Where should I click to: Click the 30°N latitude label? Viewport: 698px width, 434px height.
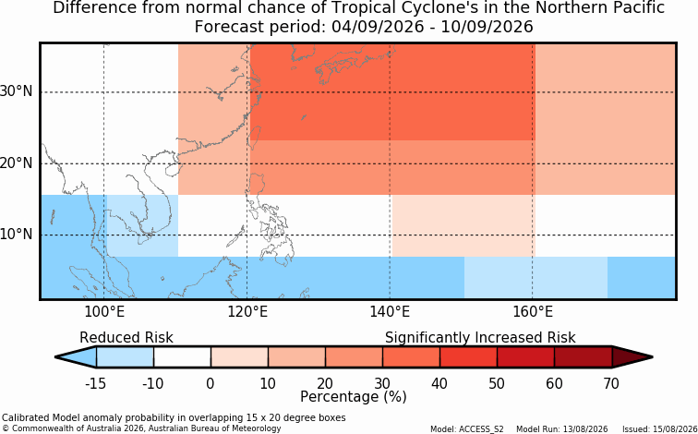pyautogui.click(x=17, y=91)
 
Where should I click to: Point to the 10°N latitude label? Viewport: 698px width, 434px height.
pyautogui.click(x=17, y=235)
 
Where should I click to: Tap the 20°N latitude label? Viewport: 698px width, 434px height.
pyautogui.click(x=17, y=163)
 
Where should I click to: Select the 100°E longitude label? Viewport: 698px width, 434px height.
pyautogui.click(x=104, y=312)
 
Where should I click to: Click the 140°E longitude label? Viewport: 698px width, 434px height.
pyautogui.click(x=390, y=312)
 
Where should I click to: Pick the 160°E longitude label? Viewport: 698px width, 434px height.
pyautogui.click(x=533, y=312)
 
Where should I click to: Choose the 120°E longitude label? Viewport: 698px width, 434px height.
pyautogui.click(x=247, y=312)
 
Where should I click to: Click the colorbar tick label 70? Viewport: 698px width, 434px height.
pyautogui.click(x=611, y=383)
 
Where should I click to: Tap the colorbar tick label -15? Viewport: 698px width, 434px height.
pyautogui.click(x=96, y=383)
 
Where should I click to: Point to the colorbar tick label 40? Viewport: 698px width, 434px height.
pyautogui.click(x=439, y=383)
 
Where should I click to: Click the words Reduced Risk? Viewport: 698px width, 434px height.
pyautogui.click(x=126, y=338)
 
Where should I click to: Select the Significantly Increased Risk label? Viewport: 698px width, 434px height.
pyautogui.click(x=480, y=338)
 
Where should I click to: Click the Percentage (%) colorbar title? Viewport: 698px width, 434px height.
pyautogui.click(x=354, y=397)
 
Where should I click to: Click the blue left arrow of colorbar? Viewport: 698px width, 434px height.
pyautogui.click(x=76, y=357)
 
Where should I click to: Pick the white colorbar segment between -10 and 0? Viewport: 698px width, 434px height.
pyautogui.click(x=182, y=357)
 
